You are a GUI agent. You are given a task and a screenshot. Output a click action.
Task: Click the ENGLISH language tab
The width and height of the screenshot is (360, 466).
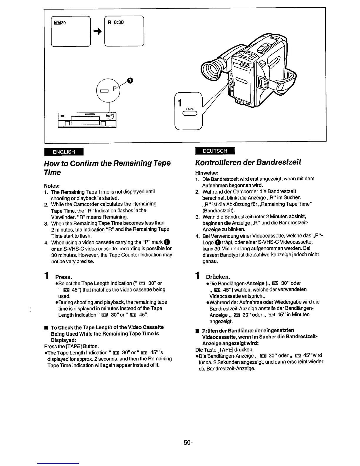[x=64, y=152]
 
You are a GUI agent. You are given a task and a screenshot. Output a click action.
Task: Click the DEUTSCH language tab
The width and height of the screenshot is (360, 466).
[x=215, y=151]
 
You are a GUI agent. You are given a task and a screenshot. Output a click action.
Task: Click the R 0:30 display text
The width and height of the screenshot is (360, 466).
[x=116, y=22]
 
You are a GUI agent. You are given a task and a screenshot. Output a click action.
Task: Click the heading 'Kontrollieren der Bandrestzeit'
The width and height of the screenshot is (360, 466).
[x=248, y=162]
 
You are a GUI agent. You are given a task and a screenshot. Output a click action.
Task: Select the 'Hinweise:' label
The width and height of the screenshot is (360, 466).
[x=206, y=173]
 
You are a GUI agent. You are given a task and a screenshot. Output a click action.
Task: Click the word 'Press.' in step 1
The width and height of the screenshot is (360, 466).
[x=64, y=277]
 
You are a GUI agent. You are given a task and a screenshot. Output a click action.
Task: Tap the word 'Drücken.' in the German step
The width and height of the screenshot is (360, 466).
[x=218, y=277]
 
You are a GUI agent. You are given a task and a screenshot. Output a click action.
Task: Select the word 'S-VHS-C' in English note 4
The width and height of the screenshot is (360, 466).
[x=73, y=249]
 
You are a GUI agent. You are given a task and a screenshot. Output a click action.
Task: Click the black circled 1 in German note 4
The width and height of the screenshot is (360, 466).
[x=218, y=242]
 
